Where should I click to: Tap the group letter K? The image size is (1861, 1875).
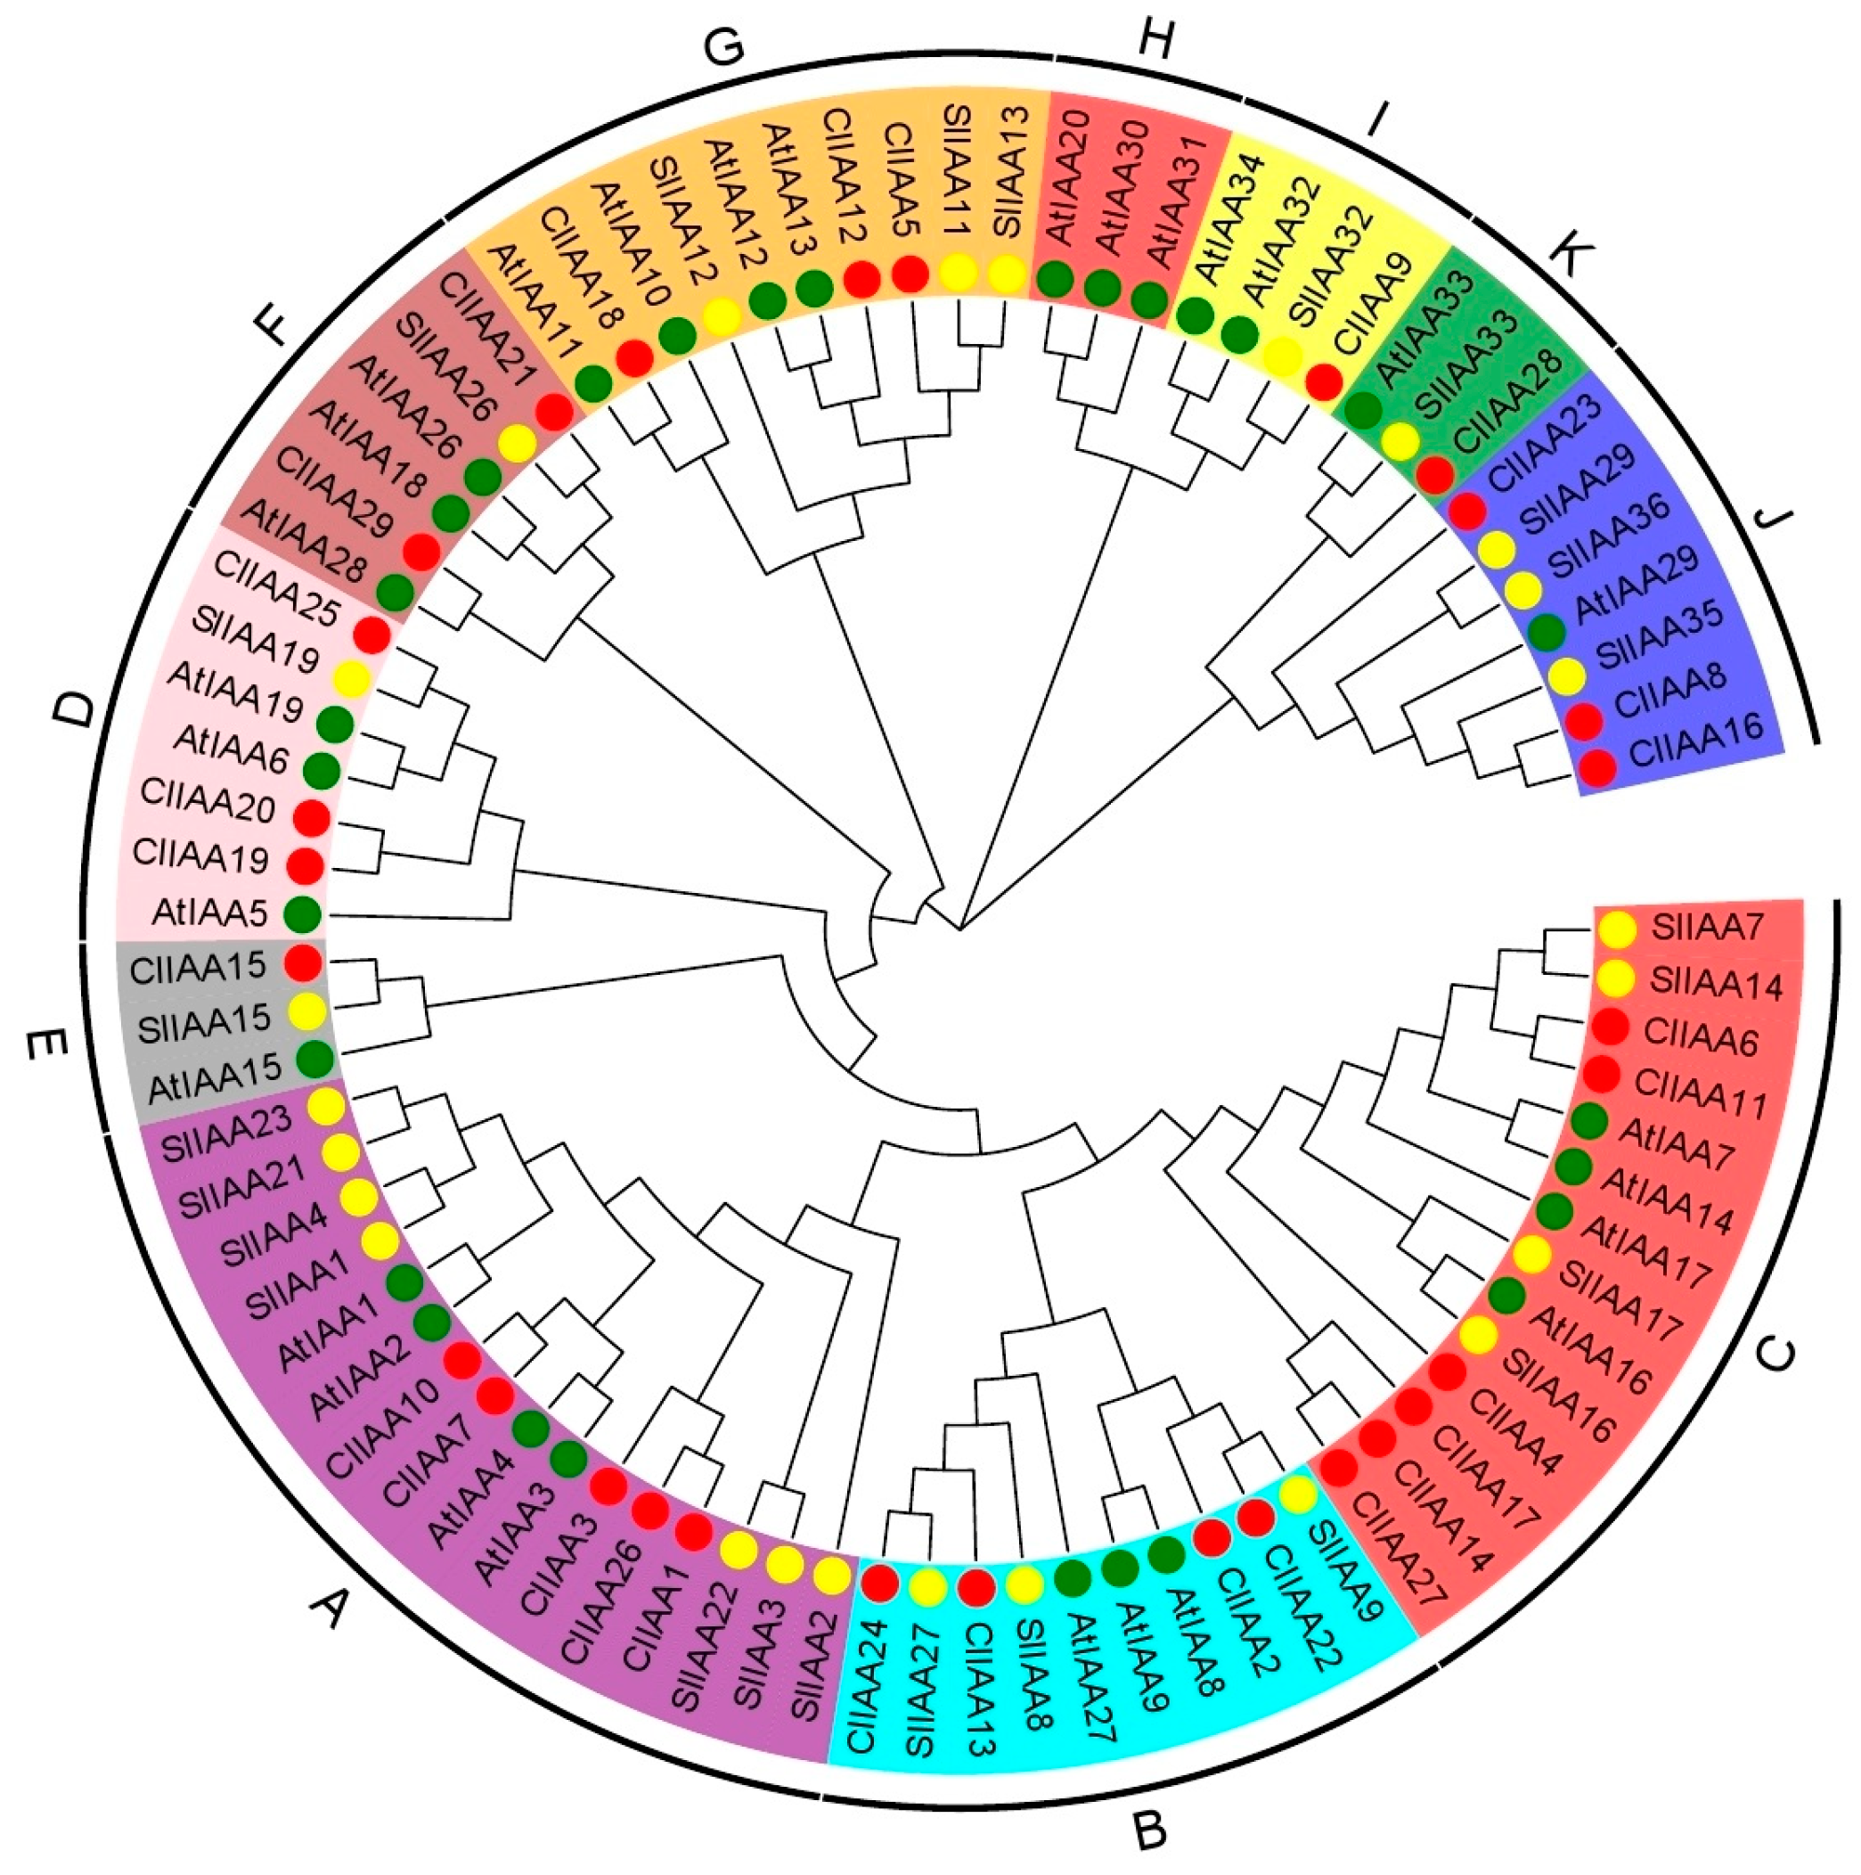click(1576, 254)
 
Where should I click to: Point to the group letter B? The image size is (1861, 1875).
click(1151, 1829)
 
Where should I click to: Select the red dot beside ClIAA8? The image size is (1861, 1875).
click(1584, 720)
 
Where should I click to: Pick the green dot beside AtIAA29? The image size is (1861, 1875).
click(1547, 633)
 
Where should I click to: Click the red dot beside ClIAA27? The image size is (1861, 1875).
click(1340, 1469)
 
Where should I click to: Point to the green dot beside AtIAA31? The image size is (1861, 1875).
click(1149, 300)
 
